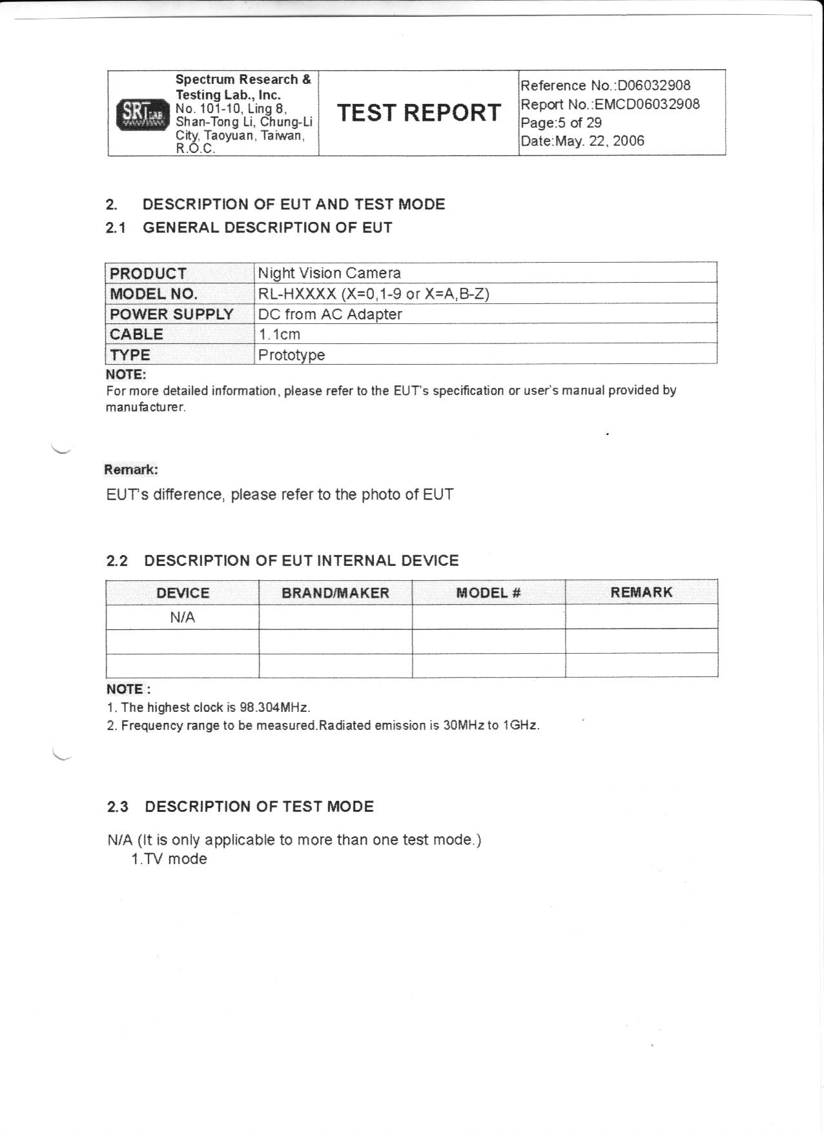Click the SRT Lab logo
141,115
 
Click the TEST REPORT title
418,113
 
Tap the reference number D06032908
654,86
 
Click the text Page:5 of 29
561,123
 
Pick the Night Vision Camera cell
329,273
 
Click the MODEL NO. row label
154,294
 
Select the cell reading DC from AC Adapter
330,314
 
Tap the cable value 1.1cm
279,334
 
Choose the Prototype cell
291,355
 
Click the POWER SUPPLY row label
172,314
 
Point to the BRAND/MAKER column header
335,593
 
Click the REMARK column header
641,592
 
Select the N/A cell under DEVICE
182,618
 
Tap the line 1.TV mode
169,859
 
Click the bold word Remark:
131,469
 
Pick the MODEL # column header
488,593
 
